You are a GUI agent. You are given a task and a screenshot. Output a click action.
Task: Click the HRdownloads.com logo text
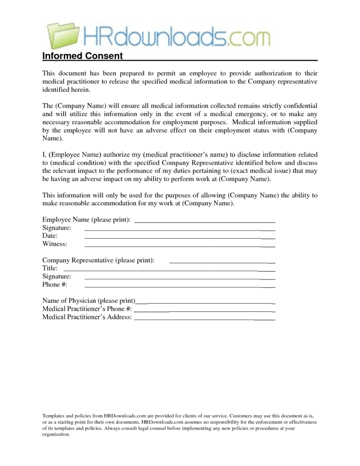[x=178, y=36]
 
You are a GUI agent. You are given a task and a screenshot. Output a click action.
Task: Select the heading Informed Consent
[x=82, y=57]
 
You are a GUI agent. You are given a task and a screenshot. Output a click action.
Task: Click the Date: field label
[x=50, y=236]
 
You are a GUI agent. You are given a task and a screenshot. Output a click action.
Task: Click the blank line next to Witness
[x=180, y=245]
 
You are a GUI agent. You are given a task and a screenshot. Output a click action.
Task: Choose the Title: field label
[x=50, y=268]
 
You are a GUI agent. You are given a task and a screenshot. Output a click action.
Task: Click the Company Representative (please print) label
[x=98, y=260]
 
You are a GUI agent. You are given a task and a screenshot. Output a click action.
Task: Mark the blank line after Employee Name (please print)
[x=204, y=220]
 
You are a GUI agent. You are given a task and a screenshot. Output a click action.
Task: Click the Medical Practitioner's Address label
[x=87, y=317]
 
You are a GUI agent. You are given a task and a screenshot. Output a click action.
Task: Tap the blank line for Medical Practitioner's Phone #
[x=204, y=310]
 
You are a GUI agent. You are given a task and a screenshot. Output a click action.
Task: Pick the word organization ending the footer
[x=56, y=435]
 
